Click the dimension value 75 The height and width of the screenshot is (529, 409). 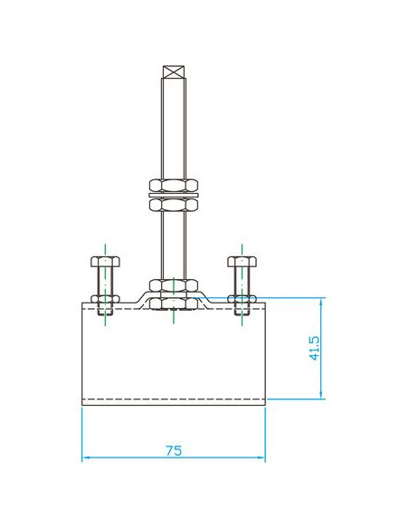coord(174,450)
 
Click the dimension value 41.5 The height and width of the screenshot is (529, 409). coord(314,348)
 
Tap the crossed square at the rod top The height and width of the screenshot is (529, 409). coord(174,72)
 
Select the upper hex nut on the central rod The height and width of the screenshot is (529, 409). coord(173,186)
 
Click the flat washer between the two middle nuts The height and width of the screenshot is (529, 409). coord(173,196)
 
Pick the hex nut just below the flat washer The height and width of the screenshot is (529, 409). coord(173,205)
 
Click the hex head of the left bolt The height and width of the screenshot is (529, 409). coord(105,262)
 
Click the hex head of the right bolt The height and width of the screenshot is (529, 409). coord(242,262)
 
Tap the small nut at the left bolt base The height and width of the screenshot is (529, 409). coord(105,299)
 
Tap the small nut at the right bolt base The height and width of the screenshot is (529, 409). coord(242,299)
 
